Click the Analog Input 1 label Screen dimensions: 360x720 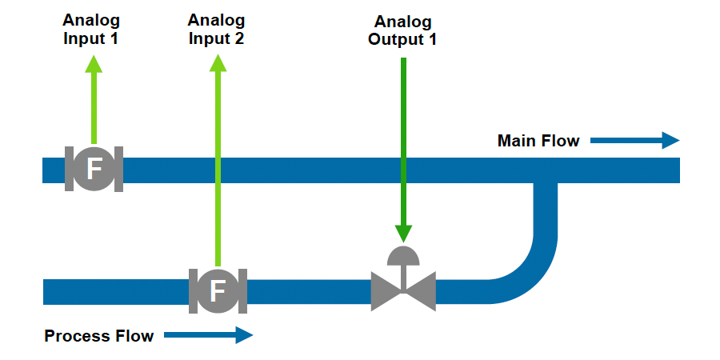point(90,30)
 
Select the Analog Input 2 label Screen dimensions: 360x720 point(217,30)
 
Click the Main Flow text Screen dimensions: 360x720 point(538,142)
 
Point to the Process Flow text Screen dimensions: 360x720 point(99,336)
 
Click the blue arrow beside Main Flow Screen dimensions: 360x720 point(634,141)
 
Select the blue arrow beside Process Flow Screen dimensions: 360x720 point(208,335)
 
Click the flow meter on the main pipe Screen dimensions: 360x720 point(94,170)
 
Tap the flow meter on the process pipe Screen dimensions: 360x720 point(217,291)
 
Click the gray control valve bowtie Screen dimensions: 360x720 point(403,291)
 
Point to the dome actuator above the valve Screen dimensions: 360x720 point(403,255)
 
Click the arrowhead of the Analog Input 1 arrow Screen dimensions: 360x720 point(94,64)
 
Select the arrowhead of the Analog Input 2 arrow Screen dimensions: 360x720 point(217,64)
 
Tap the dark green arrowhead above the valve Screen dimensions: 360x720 point(403,233)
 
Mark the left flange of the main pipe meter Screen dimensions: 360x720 point(69,170)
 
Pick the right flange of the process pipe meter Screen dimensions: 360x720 point(242,291)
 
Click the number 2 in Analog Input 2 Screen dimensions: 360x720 point(238,38)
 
